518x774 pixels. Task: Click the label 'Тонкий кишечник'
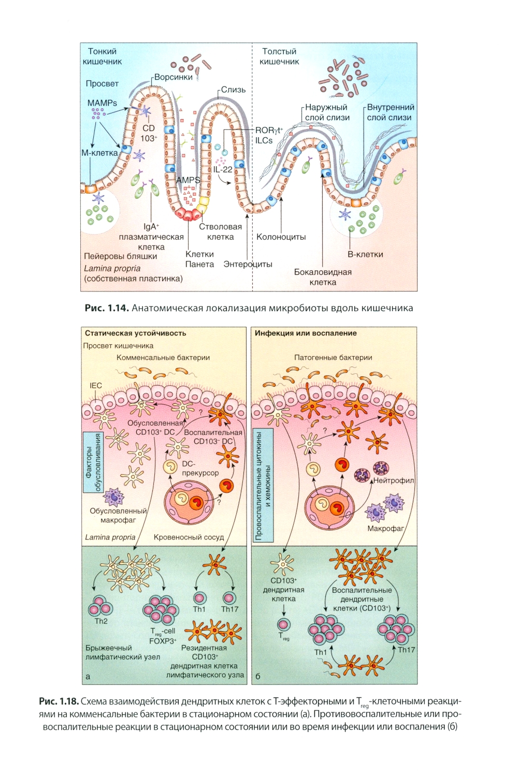[x=103, y=56]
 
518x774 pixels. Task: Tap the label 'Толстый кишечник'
[x=279, y=56]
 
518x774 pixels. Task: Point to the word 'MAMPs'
[x=102, y=103]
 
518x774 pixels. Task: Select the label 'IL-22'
[x=223, y=169]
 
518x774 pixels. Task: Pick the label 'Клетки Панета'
[x=199, y=259]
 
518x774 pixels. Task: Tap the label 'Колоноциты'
[x=281, y=237]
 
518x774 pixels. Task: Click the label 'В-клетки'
[x=365, y=254]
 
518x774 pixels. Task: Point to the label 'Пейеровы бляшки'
[x=120, y=256]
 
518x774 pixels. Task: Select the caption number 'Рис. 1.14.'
[x=106, y=308]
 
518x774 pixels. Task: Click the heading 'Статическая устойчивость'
[x=135, y=333]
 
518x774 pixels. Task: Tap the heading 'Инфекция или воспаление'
[x=306, y=333]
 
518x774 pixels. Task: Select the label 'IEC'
[x=96, y=385]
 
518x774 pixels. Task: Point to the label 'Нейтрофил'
[x=394, y=480]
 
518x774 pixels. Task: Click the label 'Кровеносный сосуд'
[x=189, y=537]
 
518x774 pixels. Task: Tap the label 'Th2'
[x=101, y=621]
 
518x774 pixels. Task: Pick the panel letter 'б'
[x=258, y=676]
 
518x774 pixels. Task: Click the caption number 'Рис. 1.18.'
[x=59, y=702]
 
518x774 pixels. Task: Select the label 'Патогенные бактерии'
[x=333, y=357]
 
